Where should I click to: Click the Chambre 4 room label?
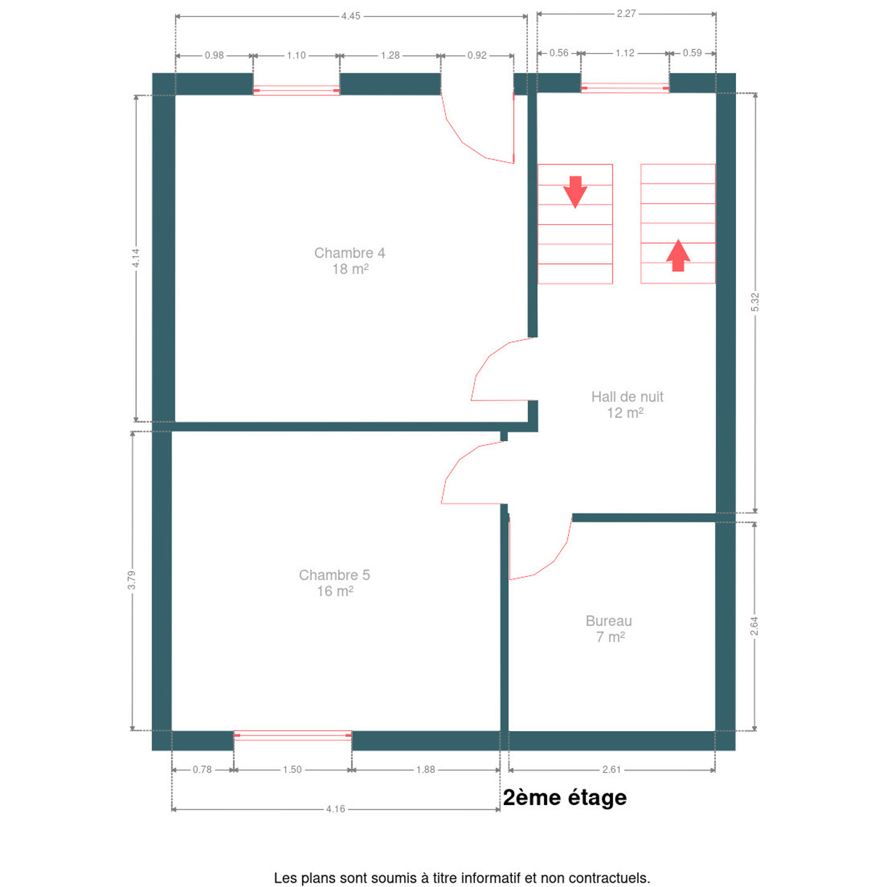[x=349, y=261]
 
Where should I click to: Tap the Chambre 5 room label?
[x=334, y=583]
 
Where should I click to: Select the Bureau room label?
[x=609, y=629]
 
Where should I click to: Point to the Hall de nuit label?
[x=627, y=404]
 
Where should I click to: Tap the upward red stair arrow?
[x=678, y=256]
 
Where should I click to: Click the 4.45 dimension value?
[x=350, y=16]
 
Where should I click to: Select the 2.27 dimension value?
[x=626, y=14]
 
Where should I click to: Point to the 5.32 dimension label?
[x=755, y=302]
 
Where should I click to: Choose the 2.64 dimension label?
[x=754, y=626]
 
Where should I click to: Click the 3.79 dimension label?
[x=132, y=580]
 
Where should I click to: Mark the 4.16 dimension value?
[x=335, y=809]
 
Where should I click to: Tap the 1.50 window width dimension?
[x=293, y=769]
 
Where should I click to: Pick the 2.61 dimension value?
[x=611, y=769]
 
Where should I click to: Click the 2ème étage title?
[x=565, y=798]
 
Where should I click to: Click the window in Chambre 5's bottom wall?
[x=293, y=735]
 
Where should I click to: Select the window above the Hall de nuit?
[x=625, y=88]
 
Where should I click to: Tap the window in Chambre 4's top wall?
[x=296, y=90]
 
